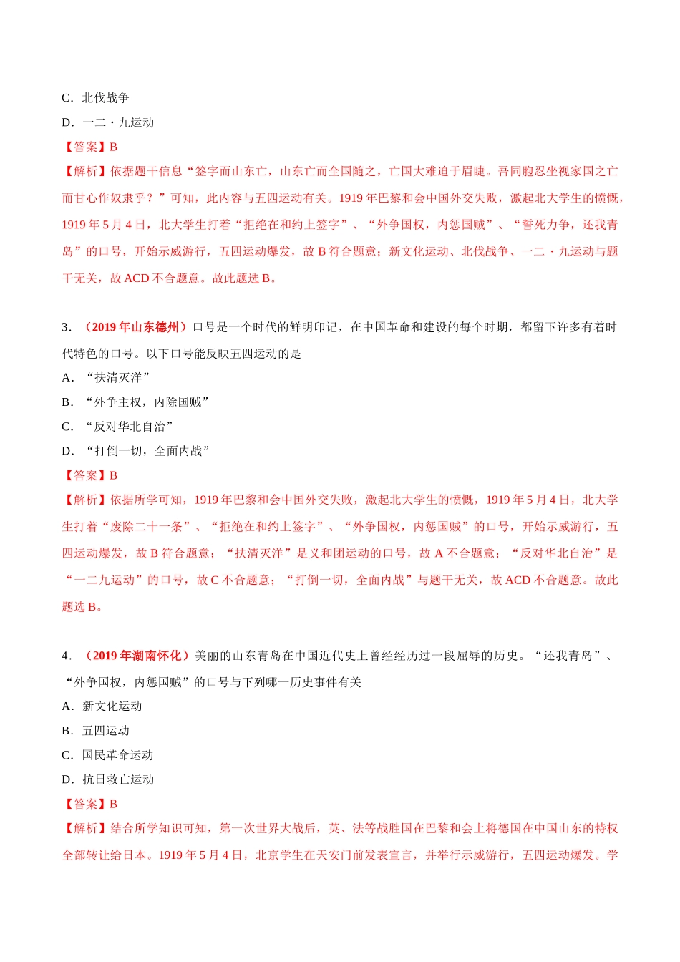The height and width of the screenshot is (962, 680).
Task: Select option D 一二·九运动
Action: click(x=107, y=122)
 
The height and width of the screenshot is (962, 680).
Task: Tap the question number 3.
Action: click(x=66, y=327)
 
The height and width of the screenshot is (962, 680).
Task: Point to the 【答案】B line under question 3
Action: click(x=90, y=475)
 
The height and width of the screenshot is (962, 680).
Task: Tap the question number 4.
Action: click(x=66, y=656)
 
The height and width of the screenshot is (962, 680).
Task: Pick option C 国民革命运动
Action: click(x=107, y=755)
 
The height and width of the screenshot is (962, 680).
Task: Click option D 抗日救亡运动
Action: click(x=107, y=779)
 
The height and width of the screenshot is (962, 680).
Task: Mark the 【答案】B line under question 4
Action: click(x=90, y=804)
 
